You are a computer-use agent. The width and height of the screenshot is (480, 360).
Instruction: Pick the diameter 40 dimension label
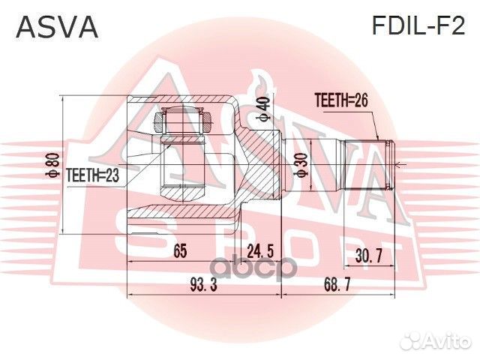(262, 109)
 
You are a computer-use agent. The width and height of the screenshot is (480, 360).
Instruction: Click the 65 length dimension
(179, 253)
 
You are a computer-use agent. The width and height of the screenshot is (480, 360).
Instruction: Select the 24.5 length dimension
(259, 253)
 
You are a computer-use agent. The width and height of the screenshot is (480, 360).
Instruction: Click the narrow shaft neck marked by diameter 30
(312, 165)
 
